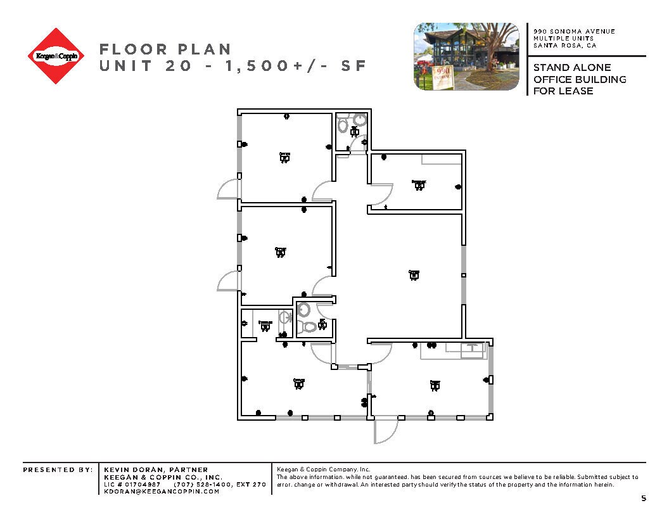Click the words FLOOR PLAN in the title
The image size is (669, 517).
(165, 49)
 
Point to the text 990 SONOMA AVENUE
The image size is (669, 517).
(574, 32)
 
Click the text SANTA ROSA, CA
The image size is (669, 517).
(564, 46)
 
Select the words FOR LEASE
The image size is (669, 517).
(563, 91)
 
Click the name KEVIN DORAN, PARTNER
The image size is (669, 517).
(156, 469)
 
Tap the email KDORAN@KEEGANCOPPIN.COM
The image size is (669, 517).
(162, 491)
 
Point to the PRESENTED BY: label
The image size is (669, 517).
(58, 469)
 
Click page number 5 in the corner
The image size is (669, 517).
(644, 498)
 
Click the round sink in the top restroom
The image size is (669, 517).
(360, 119)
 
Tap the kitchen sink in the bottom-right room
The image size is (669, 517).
(471, 348)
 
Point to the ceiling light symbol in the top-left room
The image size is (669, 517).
(284, 157)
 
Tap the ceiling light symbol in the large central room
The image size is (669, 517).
(414, 274)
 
